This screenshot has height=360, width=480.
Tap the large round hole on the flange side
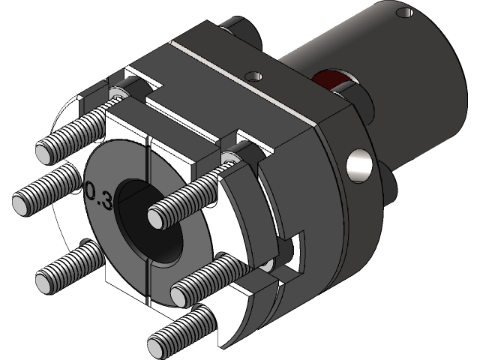(358, 166)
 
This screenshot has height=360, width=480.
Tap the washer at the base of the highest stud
(118, 94)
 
